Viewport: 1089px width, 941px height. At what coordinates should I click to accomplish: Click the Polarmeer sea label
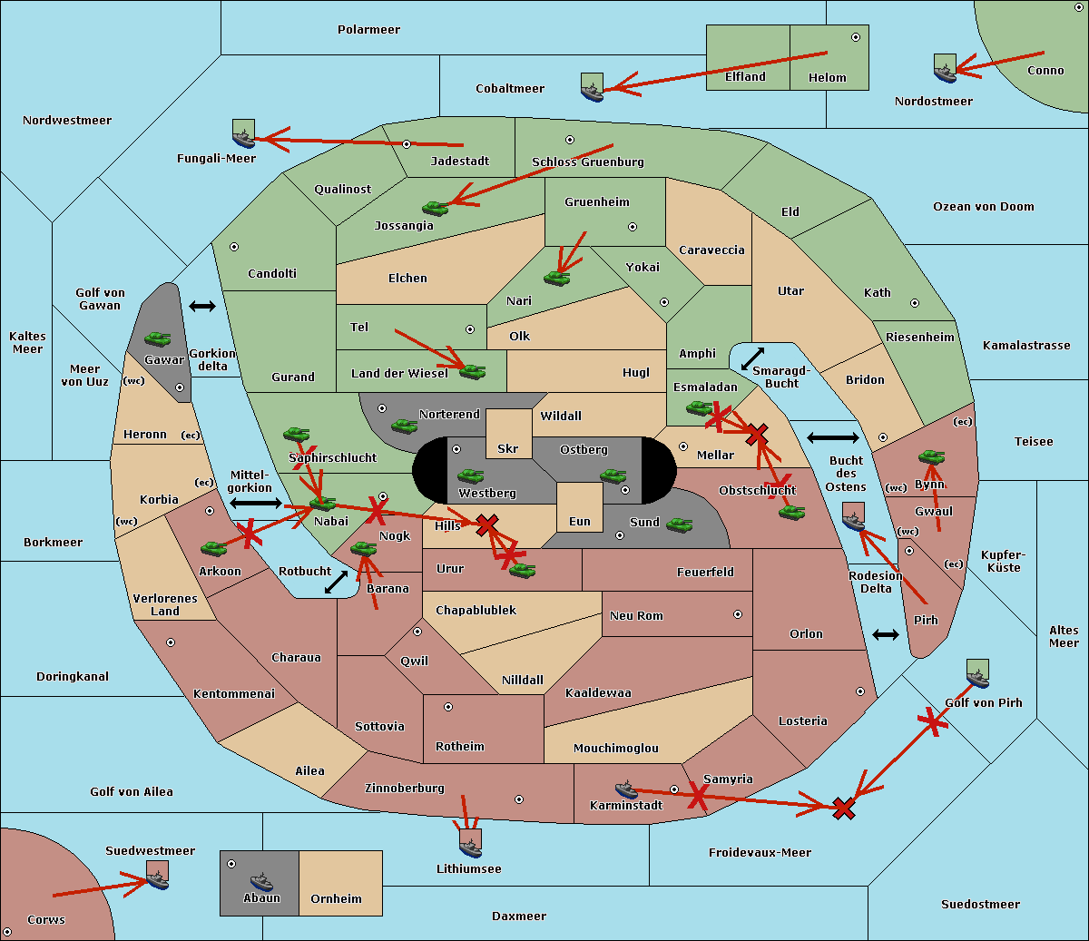(x=368, y=30)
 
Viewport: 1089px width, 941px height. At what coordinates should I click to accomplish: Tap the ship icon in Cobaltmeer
(x=593, y=87)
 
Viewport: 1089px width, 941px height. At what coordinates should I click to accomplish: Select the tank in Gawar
(x=158, y=338)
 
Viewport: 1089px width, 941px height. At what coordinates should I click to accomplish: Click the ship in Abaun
(x=261, y=881)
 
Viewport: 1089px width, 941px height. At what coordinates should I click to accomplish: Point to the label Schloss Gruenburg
(x=588, y=162)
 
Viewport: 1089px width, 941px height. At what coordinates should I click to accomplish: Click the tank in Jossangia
(x=436, y=208)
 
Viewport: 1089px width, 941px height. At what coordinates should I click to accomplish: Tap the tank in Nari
(x=556, y=279)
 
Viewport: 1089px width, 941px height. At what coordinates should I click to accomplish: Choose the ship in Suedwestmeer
(x=157, y=875)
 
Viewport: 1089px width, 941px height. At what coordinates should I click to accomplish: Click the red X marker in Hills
(x=486, y=524)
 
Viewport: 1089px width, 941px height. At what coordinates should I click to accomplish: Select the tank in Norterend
(x=404, y=426)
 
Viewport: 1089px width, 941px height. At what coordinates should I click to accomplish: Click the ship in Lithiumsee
(x=470, y=844)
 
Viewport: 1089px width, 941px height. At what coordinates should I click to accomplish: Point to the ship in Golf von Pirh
(x=978, y=673)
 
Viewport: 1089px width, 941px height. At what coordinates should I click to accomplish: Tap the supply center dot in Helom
(x=856, y=37)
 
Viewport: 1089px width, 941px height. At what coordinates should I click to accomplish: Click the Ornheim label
(x=336, y=898)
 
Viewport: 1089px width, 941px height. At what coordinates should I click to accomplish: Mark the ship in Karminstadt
(x=626, y=789)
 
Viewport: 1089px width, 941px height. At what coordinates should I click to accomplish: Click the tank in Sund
(x=679, y=524)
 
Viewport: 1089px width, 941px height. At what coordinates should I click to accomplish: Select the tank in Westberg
(x=470, y=476)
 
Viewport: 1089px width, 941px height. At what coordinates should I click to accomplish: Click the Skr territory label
(x=508, y=448)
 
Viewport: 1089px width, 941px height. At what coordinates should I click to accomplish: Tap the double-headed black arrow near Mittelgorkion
(x=256, y=503)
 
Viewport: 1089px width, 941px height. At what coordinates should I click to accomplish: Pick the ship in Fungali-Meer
(x=243, y=133)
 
